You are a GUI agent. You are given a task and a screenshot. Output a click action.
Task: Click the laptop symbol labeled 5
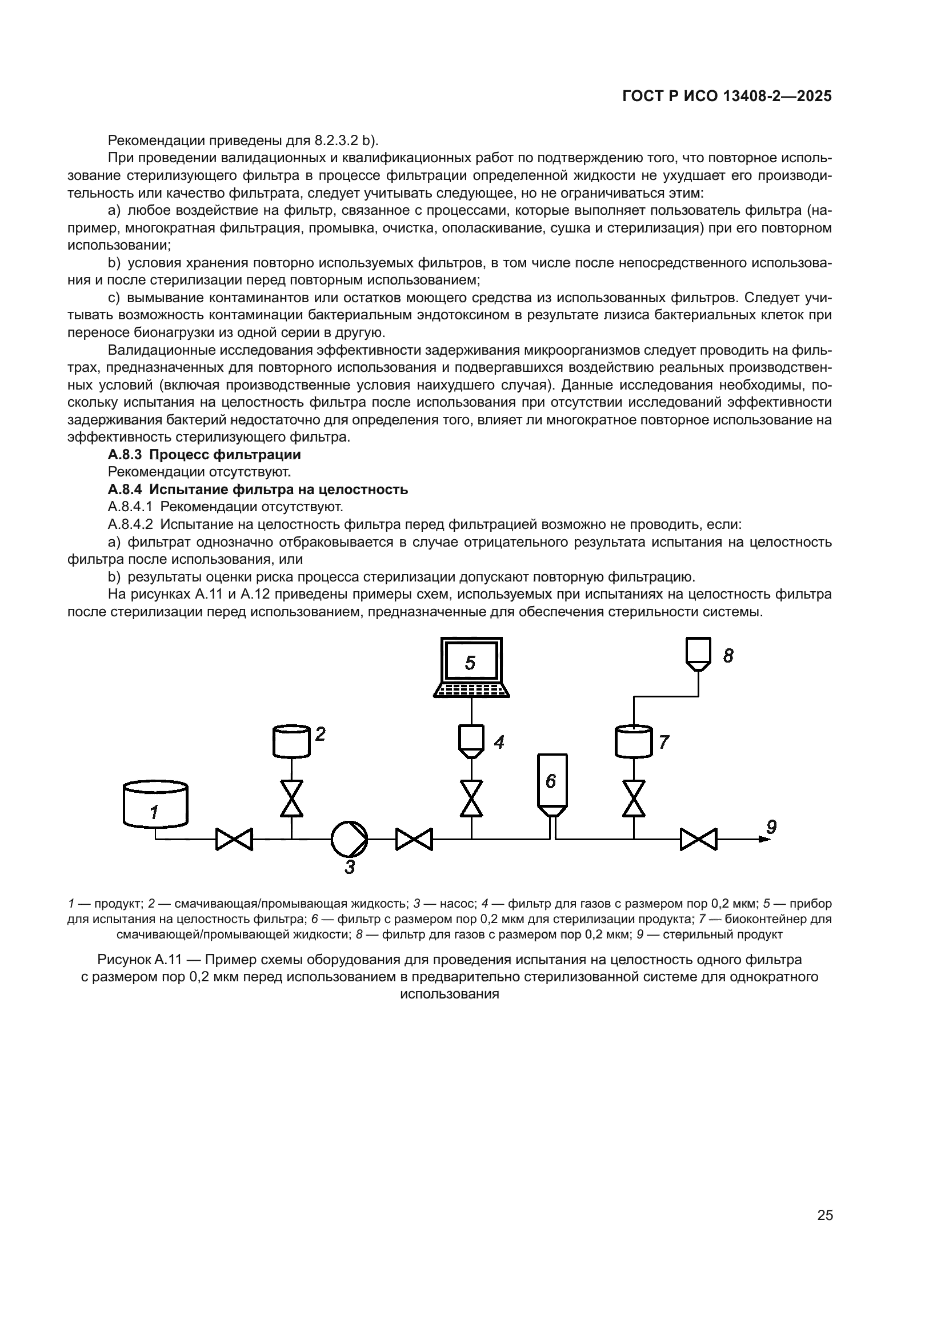coord(471,666)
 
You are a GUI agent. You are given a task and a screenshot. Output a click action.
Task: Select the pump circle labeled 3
coord(349,839)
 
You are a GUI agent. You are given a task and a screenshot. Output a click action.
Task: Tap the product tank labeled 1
coord(155,805)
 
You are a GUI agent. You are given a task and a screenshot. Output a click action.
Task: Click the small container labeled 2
coord(291,741)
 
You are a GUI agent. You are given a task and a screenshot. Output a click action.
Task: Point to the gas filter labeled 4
coord(471,741)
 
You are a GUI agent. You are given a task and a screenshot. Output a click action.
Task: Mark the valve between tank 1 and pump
coord(234,839)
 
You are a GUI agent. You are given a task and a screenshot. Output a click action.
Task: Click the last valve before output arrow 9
coord(698,839)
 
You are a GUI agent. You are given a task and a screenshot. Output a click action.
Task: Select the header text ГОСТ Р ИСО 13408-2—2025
coord(727,97)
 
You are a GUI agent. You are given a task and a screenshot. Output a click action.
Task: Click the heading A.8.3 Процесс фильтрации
coord(204,454)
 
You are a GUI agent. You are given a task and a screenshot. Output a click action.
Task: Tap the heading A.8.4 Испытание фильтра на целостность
coord(258,490)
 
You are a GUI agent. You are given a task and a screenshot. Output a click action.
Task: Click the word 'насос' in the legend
coord(458,904)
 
